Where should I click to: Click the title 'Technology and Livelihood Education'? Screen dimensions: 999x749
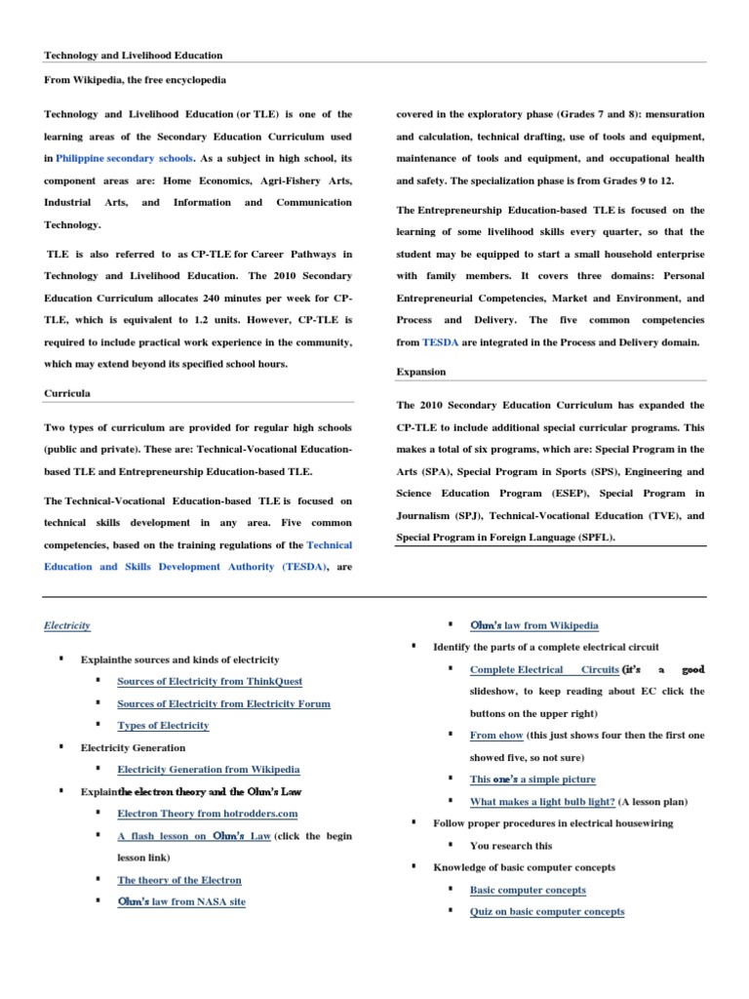134,56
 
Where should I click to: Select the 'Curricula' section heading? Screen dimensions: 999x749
65,393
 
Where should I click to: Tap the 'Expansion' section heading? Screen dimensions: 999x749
420,372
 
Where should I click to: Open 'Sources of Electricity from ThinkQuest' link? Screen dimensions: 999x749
209,681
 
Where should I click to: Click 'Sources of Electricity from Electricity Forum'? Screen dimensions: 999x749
223,703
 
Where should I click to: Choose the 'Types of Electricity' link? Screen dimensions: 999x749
163,726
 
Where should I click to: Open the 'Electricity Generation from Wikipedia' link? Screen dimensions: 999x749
209,770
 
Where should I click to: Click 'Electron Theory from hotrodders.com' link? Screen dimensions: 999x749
207,814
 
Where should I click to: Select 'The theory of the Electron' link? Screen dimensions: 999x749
179,880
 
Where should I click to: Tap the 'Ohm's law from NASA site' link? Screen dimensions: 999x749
181,902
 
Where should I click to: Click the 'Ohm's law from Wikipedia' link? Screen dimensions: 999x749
534,625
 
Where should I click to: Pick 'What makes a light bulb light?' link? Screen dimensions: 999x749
542,802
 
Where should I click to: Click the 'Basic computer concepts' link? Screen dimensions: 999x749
528,890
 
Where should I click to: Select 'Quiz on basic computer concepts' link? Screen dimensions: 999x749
547,912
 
